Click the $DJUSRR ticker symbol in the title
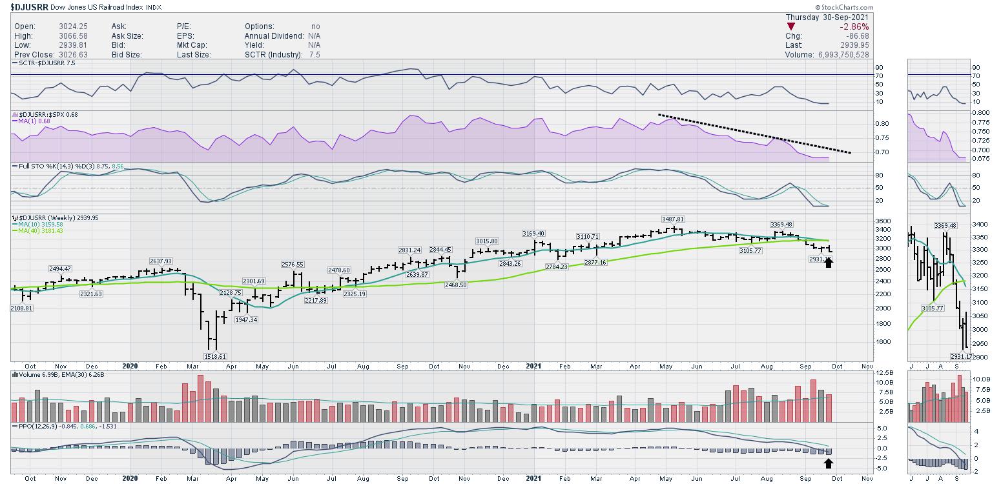tap(29, 7)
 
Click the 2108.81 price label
tap(21, 308)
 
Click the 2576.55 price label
tap(293, 264)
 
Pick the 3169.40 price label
tap(533, 233)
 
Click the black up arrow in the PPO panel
tap(829, 463)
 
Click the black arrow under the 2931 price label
tap(829, 262)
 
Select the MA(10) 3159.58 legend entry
tap(37, 224)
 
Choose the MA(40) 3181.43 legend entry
tap(37, 231)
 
